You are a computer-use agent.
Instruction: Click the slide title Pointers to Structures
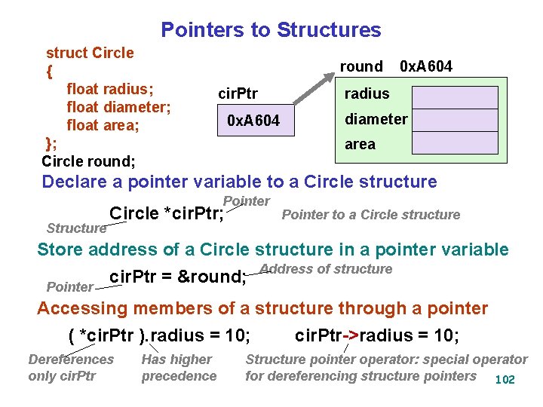tap(271, 30)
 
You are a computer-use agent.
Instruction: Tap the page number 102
tap(504, 379)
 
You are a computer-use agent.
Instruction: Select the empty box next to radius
tap(454, 96)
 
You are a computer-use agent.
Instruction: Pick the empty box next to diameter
tap(454, 119)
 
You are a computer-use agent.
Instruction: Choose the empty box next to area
tap(454, 142)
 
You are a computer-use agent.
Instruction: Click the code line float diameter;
tap(119, 107)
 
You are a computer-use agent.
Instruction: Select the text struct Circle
tap(90, 53)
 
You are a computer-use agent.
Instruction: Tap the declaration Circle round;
tap(88, 162)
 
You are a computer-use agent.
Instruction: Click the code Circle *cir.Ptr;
tap(167, 214)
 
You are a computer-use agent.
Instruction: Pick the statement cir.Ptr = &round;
tap(179, 277)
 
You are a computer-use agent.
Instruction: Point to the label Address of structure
tap(326, 269)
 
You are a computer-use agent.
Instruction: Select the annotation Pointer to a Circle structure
tap(370, 215)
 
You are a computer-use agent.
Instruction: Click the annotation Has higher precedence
tap(179, 368)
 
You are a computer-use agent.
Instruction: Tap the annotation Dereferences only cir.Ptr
tap(71, 368)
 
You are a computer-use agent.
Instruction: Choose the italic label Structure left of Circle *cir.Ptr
tap(76, 228)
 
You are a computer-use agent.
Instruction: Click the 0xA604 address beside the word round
tap(426, 66)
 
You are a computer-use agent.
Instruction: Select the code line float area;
tap(103, 125)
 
